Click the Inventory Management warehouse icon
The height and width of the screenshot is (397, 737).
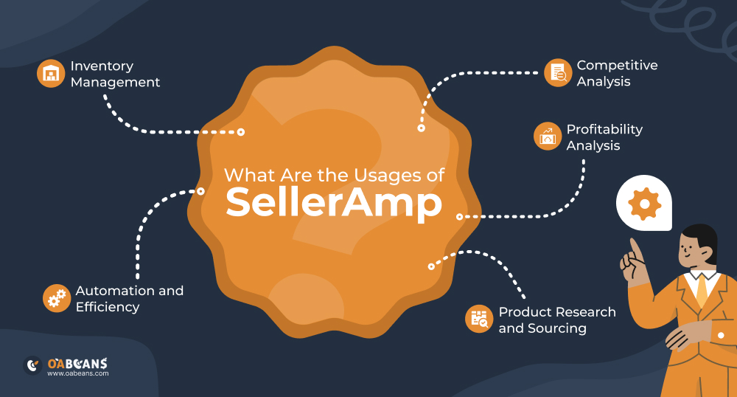coord(51,74)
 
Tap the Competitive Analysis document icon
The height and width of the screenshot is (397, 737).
coord(558,73)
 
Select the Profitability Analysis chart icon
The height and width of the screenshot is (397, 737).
coord(548,137)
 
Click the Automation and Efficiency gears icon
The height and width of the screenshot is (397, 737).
coord(56,297)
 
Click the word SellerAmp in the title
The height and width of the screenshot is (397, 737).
coord(334,201)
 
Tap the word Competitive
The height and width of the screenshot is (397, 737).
coord(617,65)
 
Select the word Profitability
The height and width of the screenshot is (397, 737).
coord(604,129)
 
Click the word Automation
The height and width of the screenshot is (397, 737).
coord(114,290)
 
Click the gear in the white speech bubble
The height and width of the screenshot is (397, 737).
coord(644,203)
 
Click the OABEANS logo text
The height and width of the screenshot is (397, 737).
coord(77,363)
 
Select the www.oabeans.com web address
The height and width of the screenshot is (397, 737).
coord(77,373)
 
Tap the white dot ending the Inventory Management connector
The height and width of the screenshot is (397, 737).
coord(240,133)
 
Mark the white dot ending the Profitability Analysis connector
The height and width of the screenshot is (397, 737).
coord(459,217)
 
